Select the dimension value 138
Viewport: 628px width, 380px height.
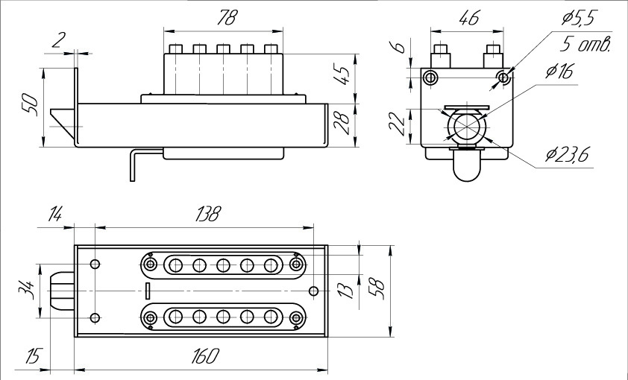(x=207, y=215)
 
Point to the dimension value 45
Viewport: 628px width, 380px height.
(x=342, y=75)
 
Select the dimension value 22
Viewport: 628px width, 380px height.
(x=398, y=124)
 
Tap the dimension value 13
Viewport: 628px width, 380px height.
(x=344, y=288)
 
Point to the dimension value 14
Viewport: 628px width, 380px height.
(x=55, y=215)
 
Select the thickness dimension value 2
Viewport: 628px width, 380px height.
(x=57, y=41)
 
